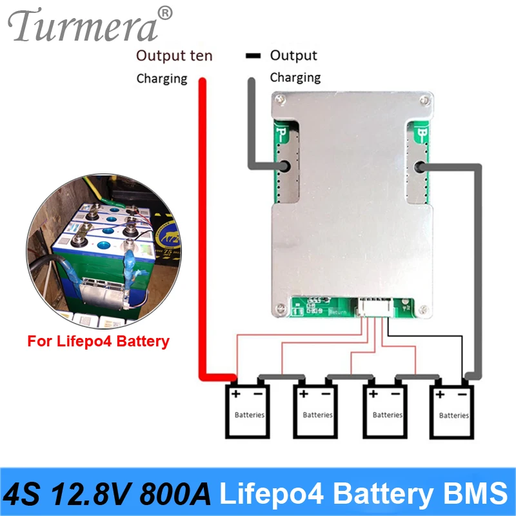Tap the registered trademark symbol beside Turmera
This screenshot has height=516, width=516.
pyautogui.click(x=165, y=12)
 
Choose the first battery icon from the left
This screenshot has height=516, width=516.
pyautogui.click(x=248, y=410)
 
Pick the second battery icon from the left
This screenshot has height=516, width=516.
pyautogui.click(x=317, y=410)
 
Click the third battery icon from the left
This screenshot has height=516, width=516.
pyautogui.click(x=387, y=410)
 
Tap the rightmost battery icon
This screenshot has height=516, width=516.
pyautogui.click(x=453, y=410)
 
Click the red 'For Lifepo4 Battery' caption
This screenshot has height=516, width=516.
pyautogui.click(x=98, y=341)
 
